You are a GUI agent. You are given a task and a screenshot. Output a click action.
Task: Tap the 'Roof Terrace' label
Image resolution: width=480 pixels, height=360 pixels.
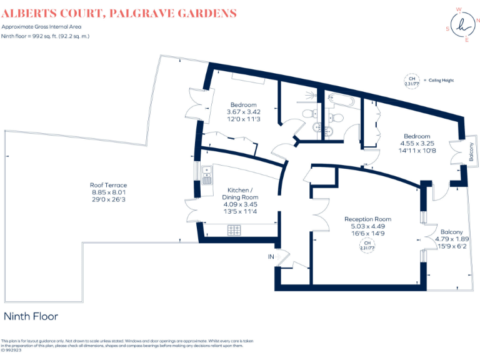coord(108,186)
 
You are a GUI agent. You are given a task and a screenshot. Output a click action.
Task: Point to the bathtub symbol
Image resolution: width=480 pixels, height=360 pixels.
coord(341,101)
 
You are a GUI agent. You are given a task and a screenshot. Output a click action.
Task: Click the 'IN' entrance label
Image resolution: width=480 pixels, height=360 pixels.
coord(271,256)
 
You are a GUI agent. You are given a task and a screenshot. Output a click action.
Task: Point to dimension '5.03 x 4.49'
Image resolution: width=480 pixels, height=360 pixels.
coord(367,226)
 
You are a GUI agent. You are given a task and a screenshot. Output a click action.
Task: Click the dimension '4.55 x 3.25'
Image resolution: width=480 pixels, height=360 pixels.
coord(416,143)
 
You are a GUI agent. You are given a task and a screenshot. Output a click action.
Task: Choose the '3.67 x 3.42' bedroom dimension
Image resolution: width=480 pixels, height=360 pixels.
coord(243,112)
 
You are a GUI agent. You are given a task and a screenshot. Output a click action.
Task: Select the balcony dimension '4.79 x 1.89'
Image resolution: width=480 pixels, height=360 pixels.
coord(451,239)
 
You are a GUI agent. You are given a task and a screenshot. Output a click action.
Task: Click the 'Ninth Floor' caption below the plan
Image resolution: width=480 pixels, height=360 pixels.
coord(31,316)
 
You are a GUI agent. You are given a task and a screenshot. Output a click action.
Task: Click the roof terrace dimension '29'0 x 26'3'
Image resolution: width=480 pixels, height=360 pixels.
coord(108,200)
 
